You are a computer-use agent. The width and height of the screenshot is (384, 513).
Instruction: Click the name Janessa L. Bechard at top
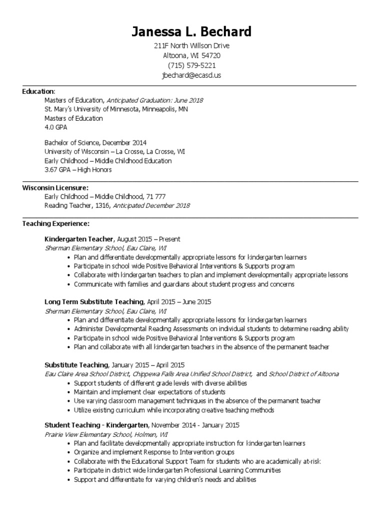coord(191,32)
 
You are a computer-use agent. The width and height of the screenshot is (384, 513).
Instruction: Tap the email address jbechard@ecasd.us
coord(191,75)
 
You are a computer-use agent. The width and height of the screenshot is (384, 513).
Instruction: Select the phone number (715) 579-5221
coord(191,66)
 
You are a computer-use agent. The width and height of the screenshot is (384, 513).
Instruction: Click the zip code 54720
coord(211,56)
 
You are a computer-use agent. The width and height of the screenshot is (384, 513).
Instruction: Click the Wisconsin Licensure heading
coord(55,187)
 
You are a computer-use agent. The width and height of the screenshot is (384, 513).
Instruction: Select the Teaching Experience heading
coord(56,223)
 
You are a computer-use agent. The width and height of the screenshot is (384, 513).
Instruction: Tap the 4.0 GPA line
coord(56,127)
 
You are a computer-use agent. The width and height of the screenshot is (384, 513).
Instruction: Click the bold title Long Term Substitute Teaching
coord(94,302)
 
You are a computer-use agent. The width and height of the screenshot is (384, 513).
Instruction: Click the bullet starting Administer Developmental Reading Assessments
coord(211,329)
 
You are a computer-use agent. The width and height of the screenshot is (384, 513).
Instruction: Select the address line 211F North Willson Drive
coord(191,46)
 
